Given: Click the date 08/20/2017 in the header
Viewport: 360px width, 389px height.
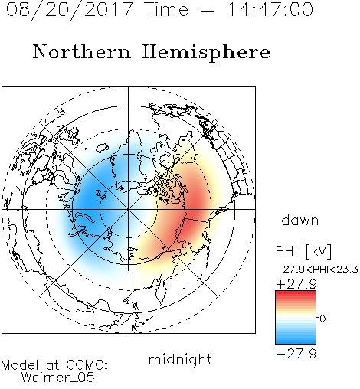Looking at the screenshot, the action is pyautogui.click(x=69, y=10).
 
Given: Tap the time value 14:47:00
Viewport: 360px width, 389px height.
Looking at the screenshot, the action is pyautogui.click(x=270, y=9).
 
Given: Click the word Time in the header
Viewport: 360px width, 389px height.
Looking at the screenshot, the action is pyautogui.click(x=166, y=9).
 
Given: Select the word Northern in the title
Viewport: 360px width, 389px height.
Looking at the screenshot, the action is pyautogui.click(x=81, y=51).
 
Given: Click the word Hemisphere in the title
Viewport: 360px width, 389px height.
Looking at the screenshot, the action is pyautogui.click(x=206, y=53).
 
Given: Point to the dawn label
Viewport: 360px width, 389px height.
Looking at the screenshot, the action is pyautogui.click(x=300, y=220).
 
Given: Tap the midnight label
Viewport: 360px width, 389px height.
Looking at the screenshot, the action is pyautogui.click(x=180, y=359).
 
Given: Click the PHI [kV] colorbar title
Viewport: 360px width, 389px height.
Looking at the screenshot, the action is pyautogui.click(x=303, y=251).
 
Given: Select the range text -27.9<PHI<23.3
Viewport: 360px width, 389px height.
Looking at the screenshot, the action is pyautogui.click(x=317, y=270).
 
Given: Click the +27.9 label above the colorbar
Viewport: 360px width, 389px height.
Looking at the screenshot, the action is pyautogui.click(x=296, y=284).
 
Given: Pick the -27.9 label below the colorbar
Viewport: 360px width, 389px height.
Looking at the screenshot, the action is pyautogui.click(x=296, y=354).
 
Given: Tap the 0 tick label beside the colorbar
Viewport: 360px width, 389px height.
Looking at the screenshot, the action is pyautogui.click(x=322, y=319).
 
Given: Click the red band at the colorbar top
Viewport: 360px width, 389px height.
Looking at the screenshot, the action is pyautogui.click(x=296, y=294).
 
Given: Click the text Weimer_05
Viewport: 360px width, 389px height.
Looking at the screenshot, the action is pyautogui.click(x=57, y=378).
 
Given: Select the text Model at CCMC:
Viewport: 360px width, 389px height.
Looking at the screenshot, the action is pyautogui.click(x=54, y=365).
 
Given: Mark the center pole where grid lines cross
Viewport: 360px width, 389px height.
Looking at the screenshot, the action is pyautogui.click(x=129, y=209).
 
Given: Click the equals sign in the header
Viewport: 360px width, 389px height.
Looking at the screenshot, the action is pyautogui.click(x=208, y=11).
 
